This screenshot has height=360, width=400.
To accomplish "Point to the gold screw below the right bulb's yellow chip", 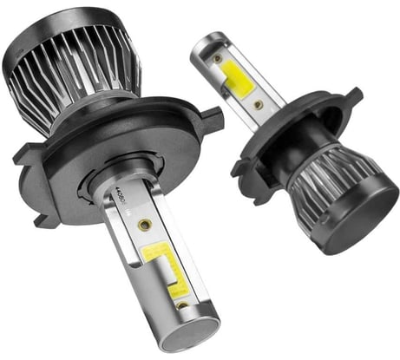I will click(x=259, y=104).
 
